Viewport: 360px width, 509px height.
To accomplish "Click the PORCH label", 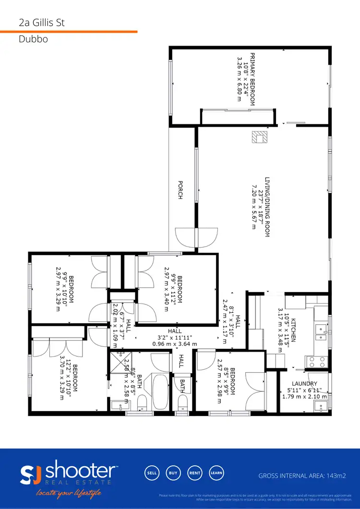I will pos(180,190).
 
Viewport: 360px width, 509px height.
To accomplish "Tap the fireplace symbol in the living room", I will pos(260,137).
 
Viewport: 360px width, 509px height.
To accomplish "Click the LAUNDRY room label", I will pos(304,384).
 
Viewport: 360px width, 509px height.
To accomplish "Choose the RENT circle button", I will pos(194,473).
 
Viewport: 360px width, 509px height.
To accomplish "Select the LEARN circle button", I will pos(216,473).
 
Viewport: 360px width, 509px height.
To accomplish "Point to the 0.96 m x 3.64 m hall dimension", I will pos(174,343).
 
